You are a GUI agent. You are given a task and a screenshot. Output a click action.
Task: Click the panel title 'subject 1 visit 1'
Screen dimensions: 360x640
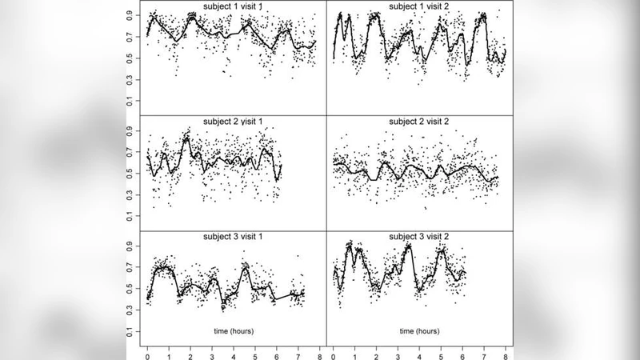click(x=232, y=7)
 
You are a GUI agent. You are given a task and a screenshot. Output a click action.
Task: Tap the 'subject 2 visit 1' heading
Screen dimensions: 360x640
click(x=232, y=122)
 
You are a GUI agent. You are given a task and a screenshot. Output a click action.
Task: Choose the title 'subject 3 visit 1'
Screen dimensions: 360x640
click(x=232, y=237)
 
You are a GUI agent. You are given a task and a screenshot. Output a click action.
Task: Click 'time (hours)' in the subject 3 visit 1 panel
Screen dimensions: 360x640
click(x=232, y=330)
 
